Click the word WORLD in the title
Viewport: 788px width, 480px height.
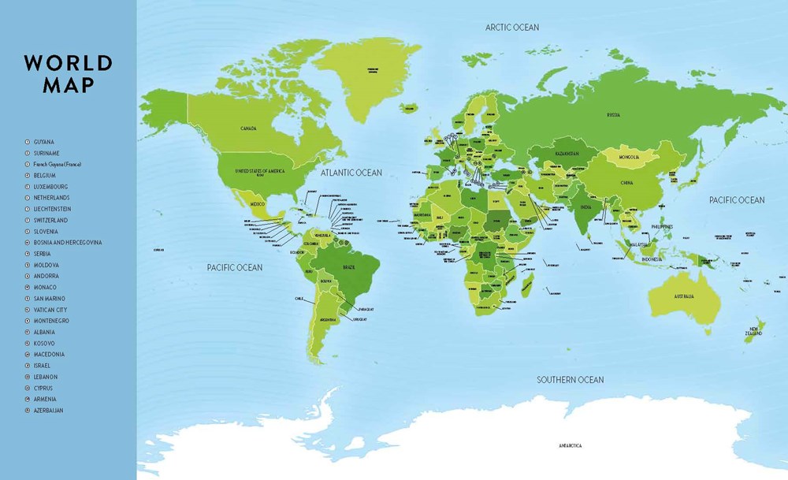68,63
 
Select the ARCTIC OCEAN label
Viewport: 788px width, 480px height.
511,28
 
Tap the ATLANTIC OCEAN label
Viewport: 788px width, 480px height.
351,173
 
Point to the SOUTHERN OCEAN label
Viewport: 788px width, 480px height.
571,380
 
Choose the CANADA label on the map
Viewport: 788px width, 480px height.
249,128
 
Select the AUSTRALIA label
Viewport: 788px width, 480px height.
683,296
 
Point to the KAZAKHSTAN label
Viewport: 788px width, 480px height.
565,153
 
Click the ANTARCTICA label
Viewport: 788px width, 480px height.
571,446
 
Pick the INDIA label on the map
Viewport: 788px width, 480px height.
585,208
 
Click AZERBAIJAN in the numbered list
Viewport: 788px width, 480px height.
49,411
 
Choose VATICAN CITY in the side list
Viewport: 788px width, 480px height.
50,310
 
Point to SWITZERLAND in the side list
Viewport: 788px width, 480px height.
50,220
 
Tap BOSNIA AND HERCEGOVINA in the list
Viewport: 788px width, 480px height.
67,242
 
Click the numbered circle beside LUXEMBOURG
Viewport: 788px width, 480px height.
27,186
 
